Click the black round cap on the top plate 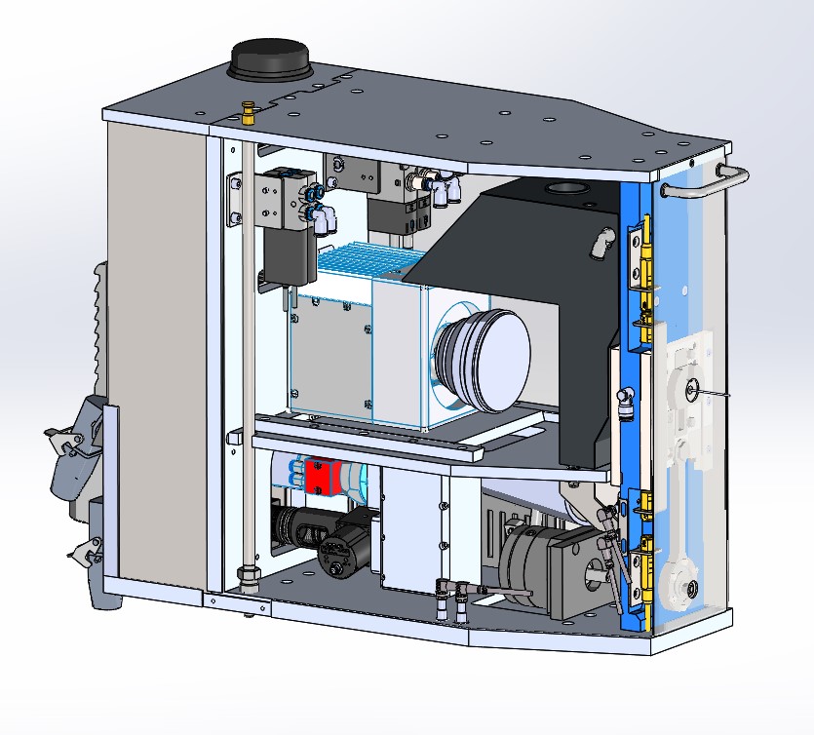269,59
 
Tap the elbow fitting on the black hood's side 597,246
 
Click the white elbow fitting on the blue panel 625,395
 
